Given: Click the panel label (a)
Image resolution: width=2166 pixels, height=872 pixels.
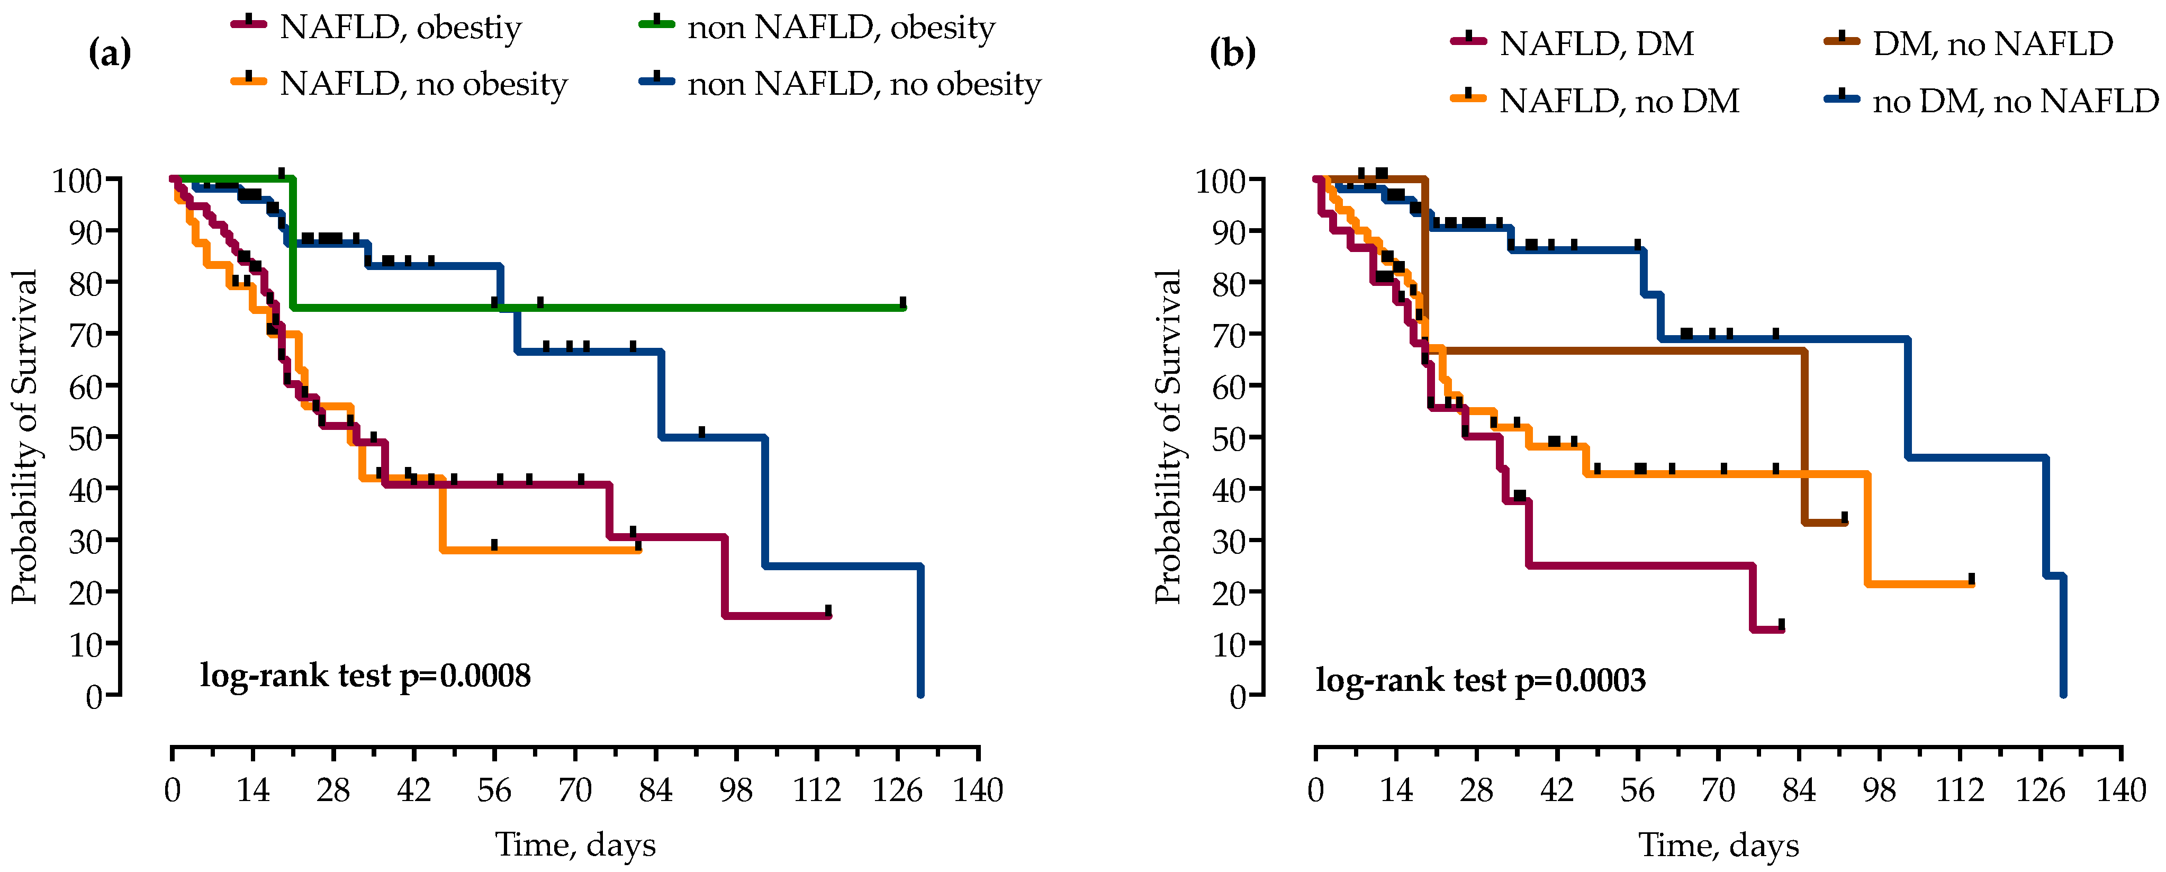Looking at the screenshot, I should pos(110,53).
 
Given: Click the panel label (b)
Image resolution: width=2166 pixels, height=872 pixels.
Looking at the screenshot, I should pos(1233,53).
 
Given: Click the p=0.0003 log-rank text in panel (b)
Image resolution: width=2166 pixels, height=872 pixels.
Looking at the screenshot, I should pos(1481,679).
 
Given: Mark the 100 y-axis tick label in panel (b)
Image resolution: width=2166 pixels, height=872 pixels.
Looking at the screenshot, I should pos(1219,181).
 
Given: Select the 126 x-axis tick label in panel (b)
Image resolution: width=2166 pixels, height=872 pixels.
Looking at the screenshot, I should pos(2040,790).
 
